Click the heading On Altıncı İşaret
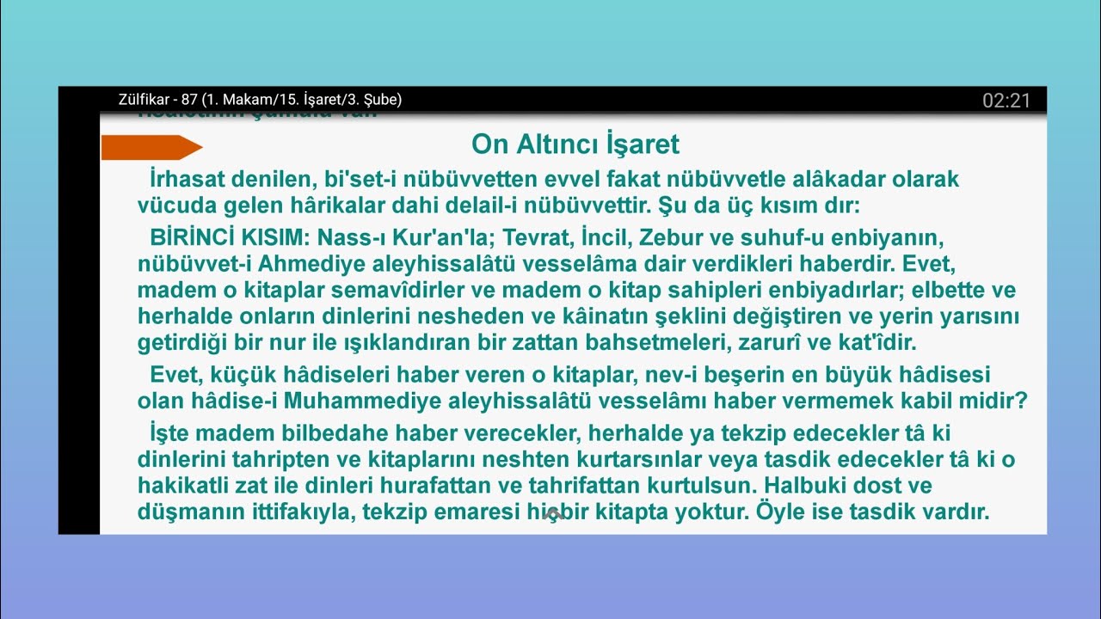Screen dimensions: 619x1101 (575, 144)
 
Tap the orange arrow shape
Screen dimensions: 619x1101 (151, 148)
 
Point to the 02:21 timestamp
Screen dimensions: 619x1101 (1006, 101)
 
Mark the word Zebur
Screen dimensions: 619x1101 (679, 236)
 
